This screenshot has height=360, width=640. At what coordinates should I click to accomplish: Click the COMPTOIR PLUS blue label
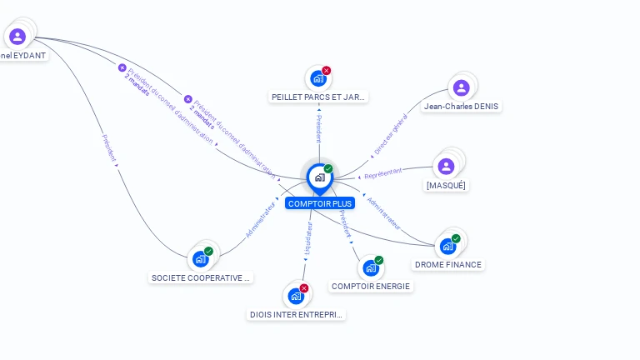(319, 203)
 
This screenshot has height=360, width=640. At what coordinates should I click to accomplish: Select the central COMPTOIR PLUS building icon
(319, 177)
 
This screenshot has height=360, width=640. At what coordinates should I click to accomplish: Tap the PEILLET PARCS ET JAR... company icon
(317, 78)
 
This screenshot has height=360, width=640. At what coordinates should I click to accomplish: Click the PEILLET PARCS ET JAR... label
(318, 97)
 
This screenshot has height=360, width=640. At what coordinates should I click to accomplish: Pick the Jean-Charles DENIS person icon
(461, 87)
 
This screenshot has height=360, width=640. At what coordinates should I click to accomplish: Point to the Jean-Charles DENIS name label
(461, 107)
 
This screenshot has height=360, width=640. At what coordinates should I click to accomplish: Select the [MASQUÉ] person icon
(446, 166)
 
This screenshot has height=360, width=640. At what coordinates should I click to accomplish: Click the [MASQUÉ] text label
(446, 185)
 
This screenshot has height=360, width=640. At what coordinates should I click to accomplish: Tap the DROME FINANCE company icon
(448, 246)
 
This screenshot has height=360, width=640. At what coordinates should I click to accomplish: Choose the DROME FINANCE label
(448, 265)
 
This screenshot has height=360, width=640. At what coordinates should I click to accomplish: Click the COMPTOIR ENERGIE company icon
(371, 267)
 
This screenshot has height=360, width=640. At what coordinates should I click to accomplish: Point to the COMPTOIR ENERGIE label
(371, 287)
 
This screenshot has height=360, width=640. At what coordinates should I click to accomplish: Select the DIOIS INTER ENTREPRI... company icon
(296, 296)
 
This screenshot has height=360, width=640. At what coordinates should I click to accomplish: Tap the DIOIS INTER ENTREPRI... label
(296, 315)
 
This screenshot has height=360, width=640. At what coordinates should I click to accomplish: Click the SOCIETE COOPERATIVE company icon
(201, 258)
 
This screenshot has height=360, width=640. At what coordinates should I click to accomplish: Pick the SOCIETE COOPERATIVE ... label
(201, 277)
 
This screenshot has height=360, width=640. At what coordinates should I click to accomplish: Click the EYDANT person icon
(17, 36)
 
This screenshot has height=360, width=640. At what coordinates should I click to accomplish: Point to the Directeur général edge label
(391, 134)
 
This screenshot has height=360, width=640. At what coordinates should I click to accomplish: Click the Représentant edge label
(383, 172)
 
